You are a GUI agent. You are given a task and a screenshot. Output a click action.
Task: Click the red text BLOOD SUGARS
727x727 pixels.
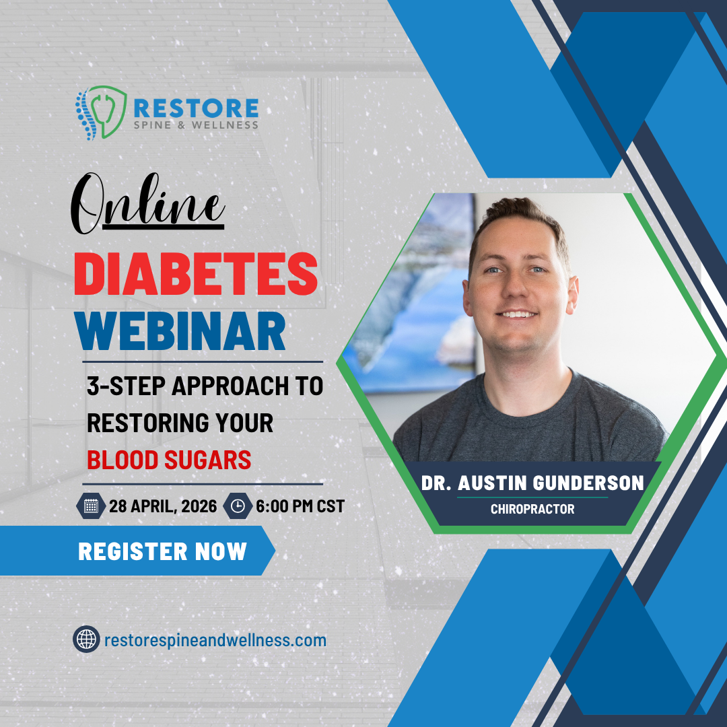coord(169,460)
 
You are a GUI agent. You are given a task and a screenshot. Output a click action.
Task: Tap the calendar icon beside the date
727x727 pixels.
coord(91,506)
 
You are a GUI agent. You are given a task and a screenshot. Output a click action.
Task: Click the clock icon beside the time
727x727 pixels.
coord(238,506)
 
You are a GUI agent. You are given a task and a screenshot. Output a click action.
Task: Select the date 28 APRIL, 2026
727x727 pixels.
coord(164,506)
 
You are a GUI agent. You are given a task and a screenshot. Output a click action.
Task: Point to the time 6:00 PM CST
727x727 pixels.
coord(300,506)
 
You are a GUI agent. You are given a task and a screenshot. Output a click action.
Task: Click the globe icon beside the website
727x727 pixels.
coord(86,639)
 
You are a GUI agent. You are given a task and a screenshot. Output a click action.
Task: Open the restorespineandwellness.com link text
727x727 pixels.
coord(215,639)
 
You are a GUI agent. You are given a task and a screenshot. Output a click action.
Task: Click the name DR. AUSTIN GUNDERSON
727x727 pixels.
coord(532,483)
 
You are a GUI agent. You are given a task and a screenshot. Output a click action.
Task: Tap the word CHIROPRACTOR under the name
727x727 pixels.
coord(532,510)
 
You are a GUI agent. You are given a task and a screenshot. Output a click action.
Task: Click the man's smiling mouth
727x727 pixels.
coord(517,314)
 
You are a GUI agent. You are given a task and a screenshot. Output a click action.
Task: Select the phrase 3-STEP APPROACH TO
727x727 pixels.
coord(205,386)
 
